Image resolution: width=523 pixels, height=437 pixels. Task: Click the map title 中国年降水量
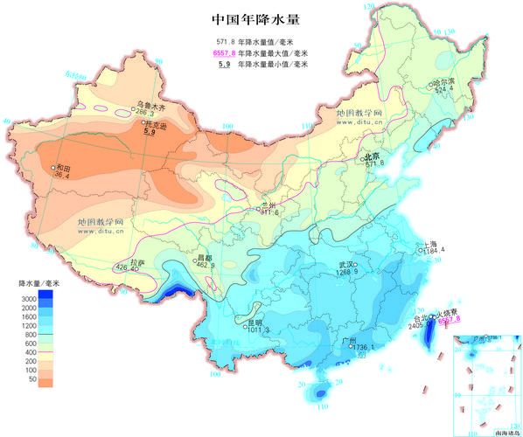click(261, 18)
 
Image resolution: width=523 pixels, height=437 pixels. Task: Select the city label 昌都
click(204, 258)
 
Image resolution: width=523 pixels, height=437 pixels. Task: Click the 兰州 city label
click(268, 205)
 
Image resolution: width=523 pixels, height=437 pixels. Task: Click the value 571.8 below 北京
click(374, 163)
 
